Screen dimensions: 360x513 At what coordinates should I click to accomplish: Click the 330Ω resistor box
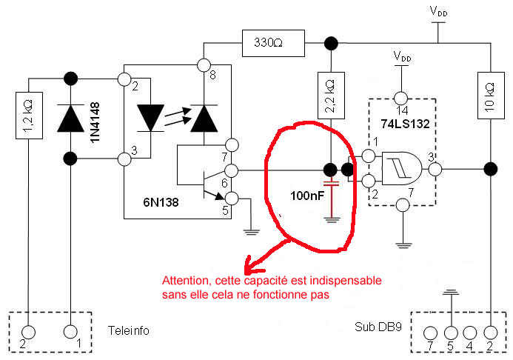click(273, 43)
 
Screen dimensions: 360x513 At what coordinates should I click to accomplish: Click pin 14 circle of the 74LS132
click(401, 98)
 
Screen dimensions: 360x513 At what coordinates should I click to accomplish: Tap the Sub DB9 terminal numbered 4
click(469, 332)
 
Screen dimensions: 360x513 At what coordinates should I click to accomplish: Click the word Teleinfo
click(129, 331)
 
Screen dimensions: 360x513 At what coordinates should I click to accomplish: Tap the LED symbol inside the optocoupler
click(151, 116)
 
